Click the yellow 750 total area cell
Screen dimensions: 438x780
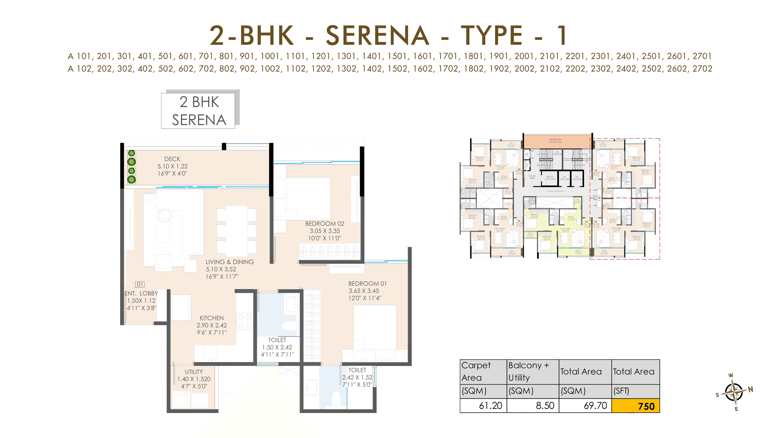[x=635, y=406]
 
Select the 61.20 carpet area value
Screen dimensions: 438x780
[x=490, y=405]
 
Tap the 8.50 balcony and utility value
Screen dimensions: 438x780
[x=545, y=405]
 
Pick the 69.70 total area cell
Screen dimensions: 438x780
[x=595, y=405]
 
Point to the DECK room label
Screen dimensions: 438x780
[x=172, y=159]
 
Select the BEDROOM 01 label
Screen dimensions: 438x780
[x=367, y=283]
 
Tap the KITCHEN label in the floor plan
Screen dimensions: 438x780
[x=211, y=318]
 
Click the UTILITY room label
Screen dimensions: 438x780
[x=194, y=372]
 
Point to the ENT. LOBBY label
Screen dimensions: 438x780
[x=141, y=293]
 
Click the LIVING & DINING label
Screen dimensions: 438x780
[x=230, y=262]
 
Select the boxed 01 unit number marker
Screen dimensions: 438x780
[x=140, y=284]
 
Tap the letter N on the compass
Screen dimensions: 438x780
[x=750, y=389]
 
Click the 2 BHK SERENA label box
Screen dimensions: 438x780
[x=198, y=111]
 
